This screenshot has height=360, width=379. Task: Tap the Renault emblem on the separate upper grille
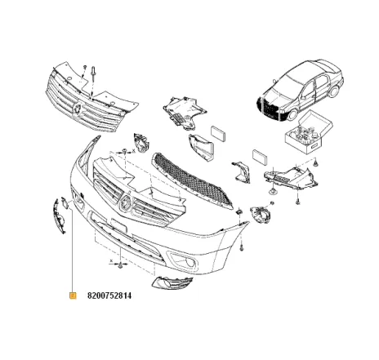(76, 109)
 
